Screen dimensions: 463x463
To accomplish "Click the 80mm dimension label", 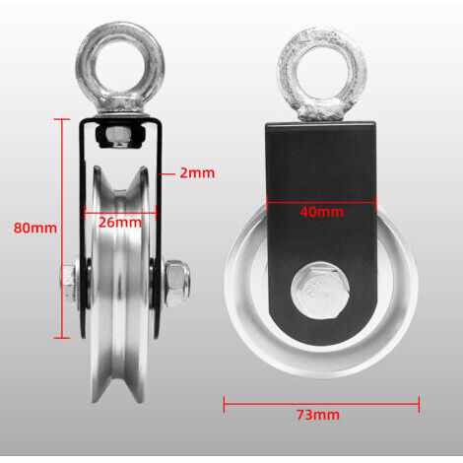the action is (35, 228).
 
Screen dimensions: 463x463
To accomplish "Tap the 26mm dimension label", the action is (120, 223).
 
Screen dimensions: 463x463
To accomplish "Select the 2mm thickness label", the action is (197, 173).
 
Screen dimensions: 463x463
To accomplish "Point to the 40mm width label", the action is (322, 212).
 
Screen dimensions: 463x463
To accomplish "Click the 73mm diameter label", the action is (318, 415).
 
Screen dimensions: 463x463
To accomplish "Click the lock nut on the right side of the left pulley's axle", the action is (177, 283).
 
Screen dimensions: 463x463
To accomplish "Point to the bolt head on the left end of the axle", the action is (69, 283).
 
